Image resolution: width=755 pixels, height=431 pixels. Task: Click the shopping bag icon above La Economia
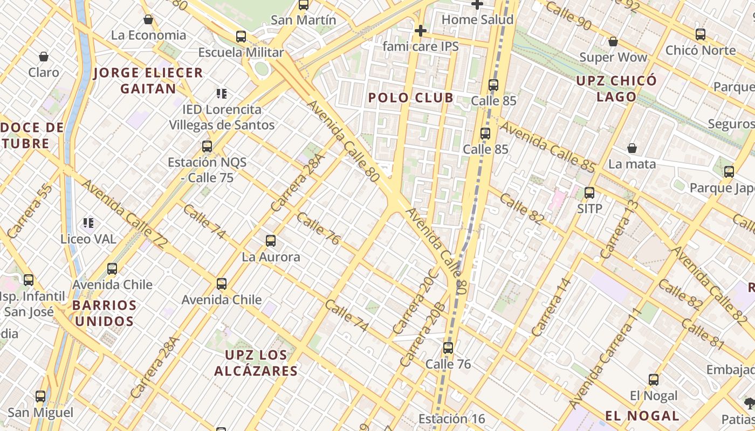(148, 20)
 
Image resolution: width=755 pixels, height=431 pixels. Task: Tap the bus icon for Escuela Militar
(241, 37)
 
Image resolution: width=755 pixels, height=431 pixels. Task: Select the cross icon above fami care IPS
(420, 31)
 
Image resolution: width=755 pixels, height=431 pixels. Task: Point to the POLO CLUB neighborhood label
(411, 98)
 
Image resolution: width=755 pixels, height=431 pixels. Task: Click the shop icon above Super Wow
(613, 41)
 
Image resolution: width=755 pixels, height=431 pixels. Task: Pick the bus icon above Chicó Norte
(701, 34)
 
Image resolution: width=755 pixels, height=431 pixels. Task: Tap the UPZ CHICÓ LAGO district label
(616, 89)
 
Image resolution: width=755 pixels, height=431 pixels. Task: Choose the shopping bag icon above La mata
(632, 148)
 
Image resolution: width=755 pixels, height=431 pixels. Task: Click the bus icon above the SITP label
(589, 193)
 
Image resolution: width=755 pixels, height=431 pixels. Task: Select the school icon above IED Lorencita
(221, 94)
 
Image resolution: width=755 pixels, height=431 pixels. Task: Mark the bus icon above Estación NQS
(207, 146)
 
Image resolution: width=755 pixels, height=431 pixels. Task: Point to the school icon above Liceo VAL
(88, 223)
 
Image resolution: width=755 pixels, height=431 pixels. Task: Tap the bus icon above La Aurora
(271, 241)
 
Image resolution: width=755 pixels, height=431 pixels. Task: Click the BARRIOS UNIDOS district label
(104, 313)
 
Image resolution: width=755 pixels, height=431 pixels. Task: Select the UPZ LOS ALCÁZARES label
(256, 363)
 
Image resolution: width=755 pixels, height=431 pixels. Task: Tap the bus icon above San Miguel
(40, 397)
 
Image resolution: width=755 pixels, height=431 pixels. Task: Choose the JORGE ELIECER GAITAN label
(148, 80)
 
